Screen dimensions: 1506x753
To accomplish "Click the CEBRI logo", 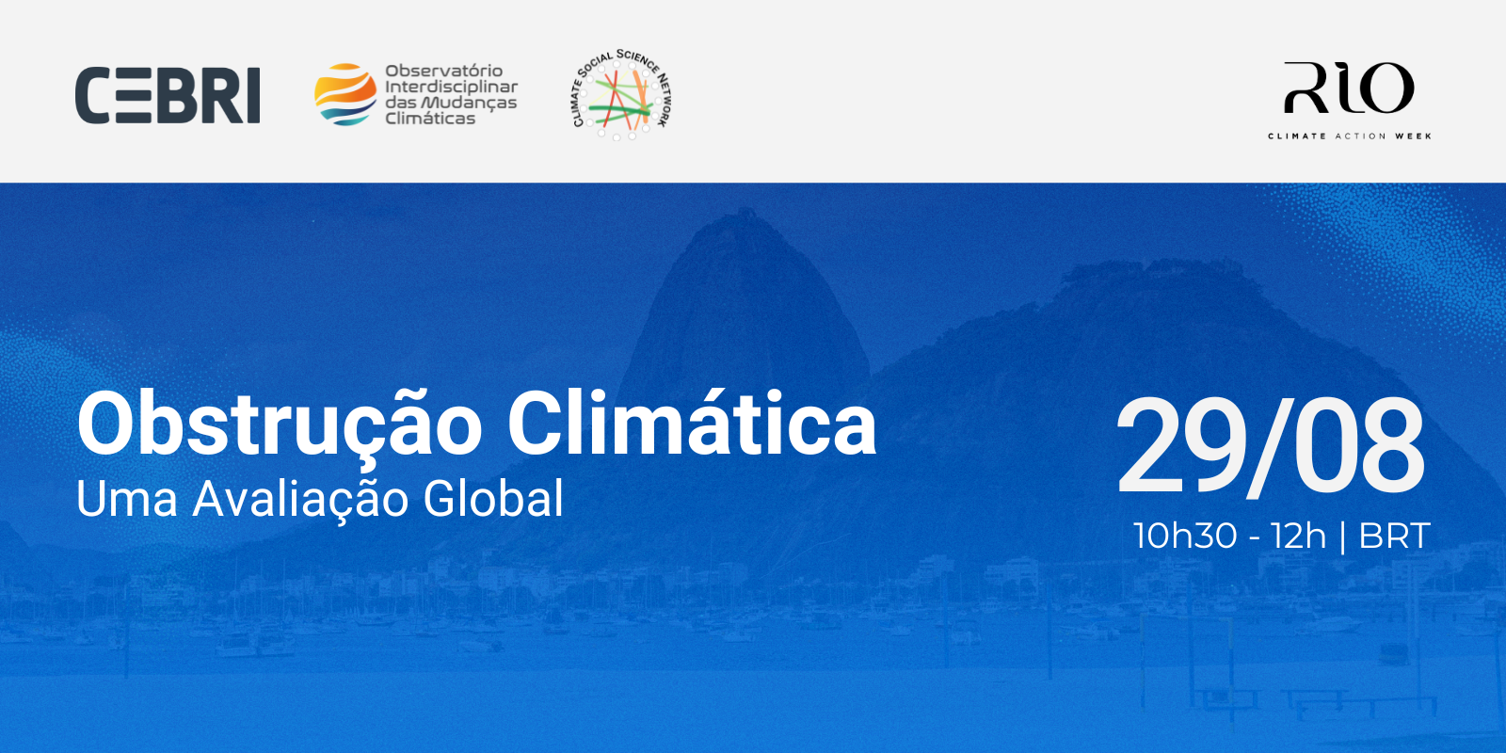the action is tap(168, 95).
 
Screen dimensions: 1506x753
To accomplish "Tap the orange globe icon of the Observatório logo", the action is tap(345, 95).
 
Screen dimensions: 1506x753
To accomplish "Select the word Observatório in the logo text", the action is tap(443, 72).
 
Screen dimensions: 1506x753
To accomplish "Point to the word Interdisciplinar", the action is tap(451, 87).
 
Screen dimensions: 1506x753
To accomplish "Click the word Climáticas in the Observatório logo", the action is tap(430, 119).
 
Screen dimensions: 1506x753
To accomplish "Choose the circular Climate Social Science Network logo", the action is tap(621, 95).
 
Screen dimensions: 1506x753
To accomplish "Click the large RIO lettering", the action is tap(1349, 88).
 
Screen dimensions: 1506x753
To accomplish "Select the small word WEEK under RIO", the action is tap(1413, 136).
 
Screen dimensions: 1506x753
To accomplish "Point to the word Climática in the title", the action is tap(692, 425).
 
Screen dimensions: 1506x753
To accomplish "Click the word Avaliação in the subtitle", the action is tap(300, 500).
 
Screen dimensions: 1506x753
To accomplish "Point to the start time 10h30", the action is tap(1185, 536).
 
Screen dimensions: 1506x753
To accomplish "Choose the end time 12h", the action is tap(1298, 536).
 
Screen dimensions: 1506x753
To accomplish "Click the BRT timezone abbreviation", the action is tap(1394, 536).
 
